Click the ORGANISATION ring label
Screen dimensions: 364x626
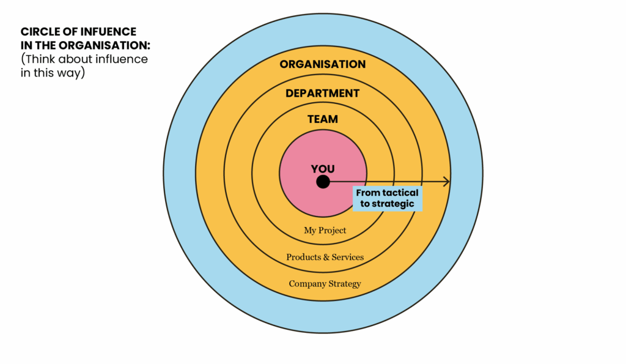(323, 64)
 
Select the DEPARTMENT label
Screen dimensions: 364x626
(323, 94)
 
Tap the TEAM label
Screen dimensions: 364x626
(323, 119)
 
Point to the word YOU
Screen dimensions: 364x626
(323, 169)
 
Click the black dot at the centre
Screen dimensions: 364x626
(323, 182)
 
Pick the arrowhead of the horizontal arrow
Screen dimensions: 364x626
(447, 182)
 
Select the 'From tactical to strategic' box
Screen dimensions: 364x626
(387, 198)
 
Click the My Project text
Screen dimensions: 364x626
(325, 231)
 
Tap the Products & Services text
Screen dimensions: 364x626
(325, 257)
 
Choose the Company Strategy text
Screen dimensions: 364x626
(325, 284)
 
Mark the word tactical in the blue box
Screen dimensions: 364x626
(404, 193)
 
